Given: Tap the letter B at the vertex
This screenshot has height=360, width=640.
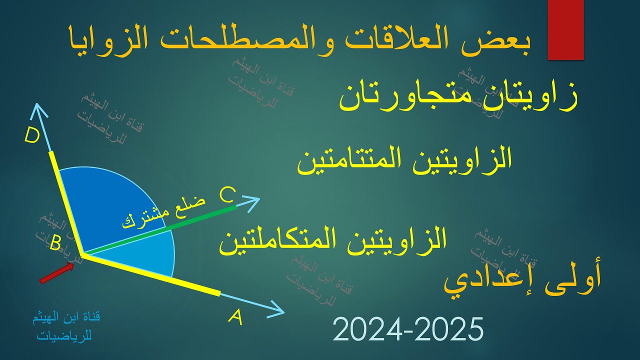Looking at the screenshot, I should [x=55, y=244].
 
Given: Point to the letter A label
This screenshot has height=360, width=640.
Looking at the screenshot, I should [x=235, y=317].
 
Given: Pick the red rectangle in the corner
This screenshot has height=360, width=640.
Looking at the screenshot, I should [x=566, y=30].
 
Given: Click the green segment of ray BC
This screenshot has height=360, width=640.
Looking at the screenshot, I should [x=200, y=218].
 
